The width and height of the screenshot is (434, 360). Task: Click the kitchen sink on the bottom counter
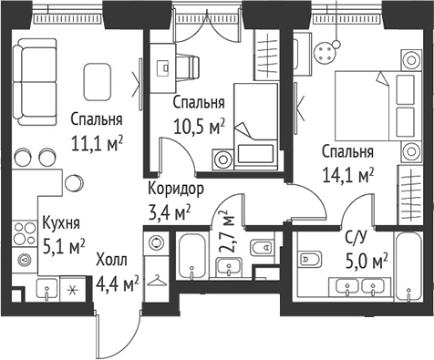tap(45, 290)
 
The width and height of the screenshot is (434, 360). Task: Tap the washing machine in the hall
tap(156, 244)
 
